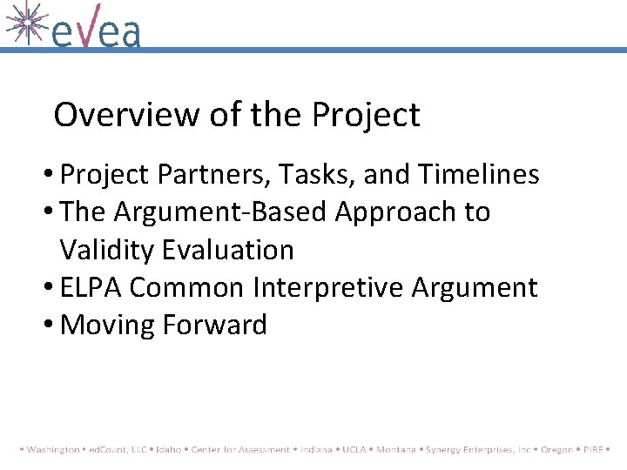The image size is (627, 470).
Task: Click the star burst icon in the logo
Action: click(x=25, y=22)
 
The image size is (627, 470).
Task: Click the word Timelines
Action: click(x=478, y=175)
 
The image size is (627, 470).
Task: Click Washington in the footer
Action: click(x=54, y=450)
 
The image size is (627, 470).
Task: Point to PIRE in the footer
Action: click(x=593, y=450)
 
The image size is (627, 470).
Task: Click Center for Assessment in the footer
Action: click(x=240, y=450)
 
